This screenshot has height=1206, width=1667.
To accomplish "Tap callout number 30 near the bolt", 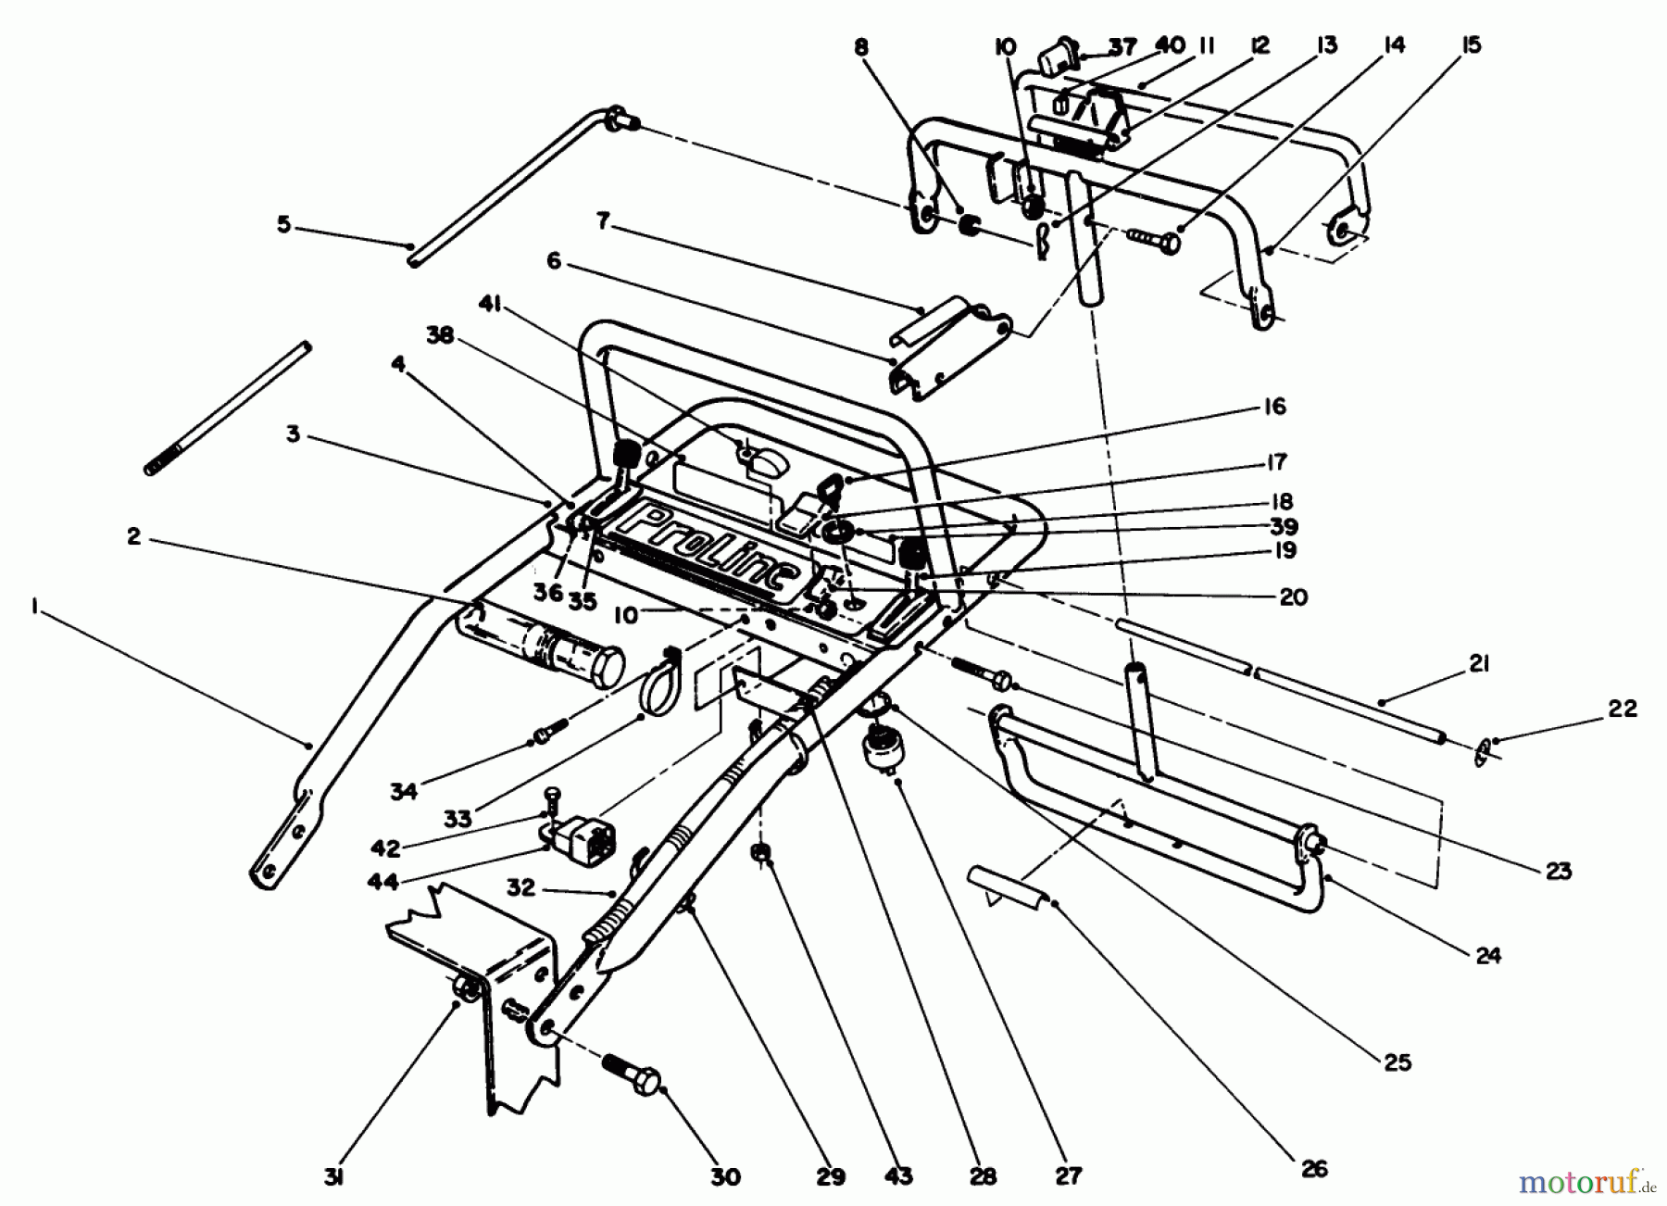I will pyautogui.click(x=725, y=1176).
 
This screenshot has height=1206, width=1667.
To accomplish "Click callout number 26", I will pyautogui.click(x=1313, y=1169).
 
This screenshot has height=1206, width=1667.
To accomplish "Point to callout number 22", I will pyautogui.click(x=1623, y=709).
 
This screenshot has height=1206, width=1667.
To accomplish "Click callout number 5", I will pyautogui.click(x=283, y=224).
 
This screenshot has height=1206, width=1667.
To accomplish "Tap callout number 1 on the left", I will pyautogui.click(x=34, y=607).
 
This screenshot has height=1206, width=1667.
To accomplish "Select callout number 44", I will pyautogui.click(x=382, y=881).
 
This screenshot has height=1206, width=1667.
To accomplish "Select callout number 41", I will pyautogui.click(x=490, y=304).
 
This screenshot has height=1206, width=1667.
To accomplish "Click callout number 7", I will pyautogui.click(x=603, y=222).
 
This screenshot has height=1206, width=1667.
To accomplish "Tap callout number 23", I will pyautogui.click(x=1559, y=871).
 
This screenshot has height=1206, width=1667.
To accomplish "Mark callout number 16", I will pyautogui.click(x=1273, y=406).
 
